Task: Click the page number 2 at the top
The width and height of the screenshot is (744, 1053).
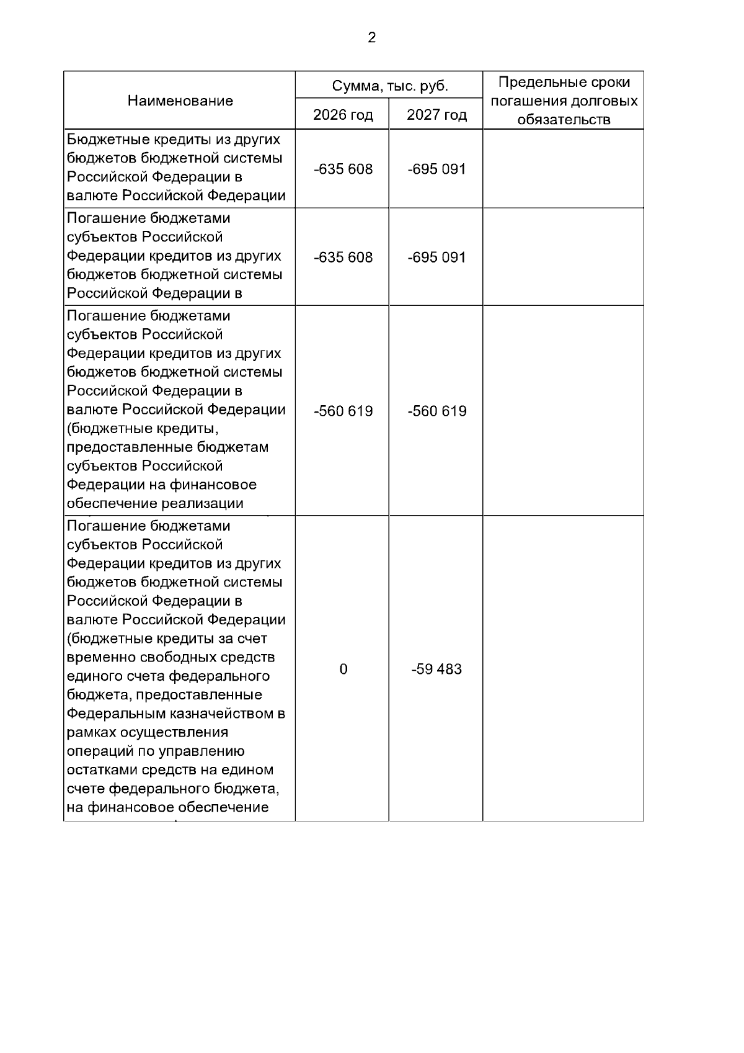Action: pyautogui.click(x=371, y=38)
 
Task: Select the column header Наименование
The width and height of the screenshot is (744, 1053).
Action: pyautogui.click(x=180, y=101)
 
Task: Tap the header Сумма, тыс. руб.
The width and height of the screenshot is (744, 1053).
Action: pyautogui.click(x=389, y=86)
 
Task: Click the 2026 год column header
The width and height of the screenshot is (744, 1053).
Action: pyautogui.click(x=343, y=115)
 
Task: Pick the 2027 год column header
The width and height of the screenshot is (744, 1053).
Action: pyautogui.click(x=436, y=115)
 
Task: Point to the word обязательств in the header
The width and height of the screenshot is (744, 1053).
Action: pyautogui.click(x=564, y=120)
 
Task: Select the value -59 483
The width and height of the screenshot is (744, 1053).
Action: pyautogui.click(x=436, y=669)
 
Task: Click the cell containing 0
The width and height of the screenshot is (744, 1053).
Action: pyautogui.click(x=343, y=669)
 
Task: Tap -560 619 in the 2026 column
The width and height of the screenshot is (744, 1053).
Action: pyautogui.click(x=343, y=411)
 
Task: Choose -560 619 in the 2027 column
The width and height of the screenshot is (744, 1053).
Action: pyautogui.click(x=436, y=411)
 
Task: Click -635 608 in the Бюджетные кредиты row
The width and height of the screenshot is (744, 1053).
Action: pyautogui.click(x=343, y=169)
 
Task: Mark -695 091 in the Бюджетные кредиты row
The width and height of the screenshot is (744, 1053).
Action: pyautogui.click(x=436, y=169)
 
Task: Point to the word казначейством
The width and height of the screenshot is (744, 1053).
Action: pyautogui.click(x=218, y=714)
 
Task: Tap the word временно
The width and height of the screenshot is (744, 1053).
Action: pyautogui.click(x=97, y=657)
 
